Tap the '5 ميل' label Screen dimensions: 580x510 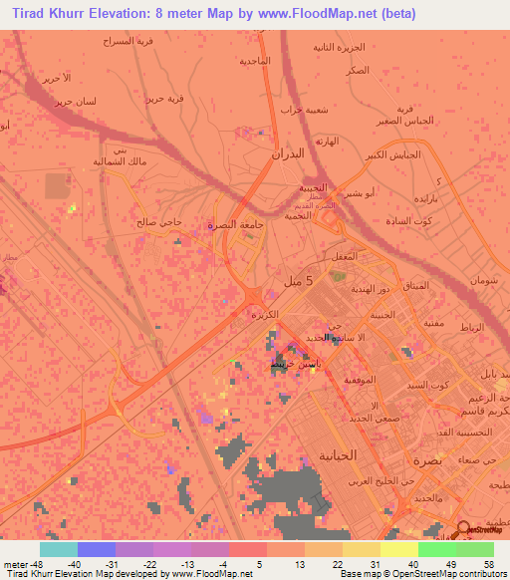[306, 282]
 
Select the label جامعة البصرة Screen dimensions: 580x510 [238, 225]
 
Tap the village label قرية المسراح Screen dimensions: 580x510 [130, 42]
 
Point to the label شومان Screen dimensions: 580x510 [479, 280]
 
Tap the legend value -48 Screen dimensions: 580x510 [20, 563]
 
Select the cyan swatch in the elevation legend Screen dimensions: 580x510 [58, 549]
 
